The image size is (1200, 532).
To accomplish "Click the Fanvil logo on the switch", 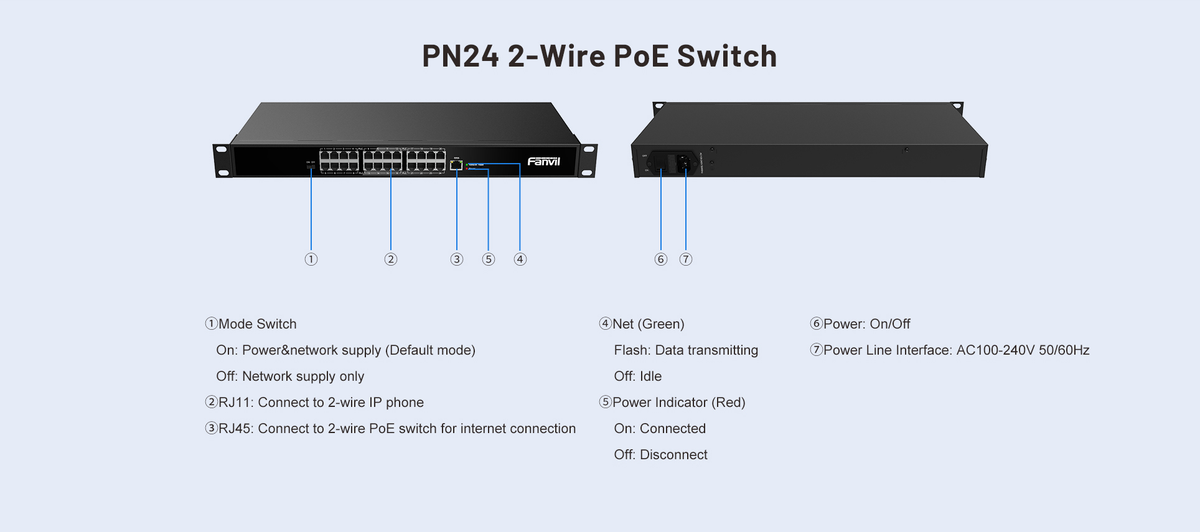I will click(543, 162).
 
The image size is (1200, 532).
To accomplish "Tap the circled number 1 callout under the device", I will click(311, 259).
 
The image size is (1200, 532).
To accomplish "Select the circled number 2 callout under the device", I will click(391, 259).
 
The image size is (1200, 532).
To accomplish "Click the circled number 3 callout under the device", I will click(457, 259).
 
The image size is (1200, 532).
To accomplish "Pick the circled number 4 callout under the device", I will click(520, 259).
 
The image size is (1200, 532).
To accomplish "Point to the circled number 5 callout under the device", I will click(489, 259).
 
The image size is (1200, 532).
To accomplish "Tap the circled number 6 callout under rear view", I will click(661, 259).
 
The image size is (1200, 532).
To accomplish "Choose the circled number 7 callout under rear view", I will click(686, 259).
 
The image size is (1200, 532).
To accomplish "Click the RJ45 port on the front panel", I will click(456, 165).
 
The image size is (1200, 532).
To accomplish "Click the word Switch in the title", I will click(727, 56).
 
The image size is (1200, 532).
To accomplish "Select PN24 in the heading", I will click(461, 56).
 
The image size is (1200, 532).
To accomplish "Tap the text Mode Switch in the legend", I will click(257, 324).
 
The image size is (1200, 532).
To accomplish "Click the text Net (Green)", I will click(648, 324).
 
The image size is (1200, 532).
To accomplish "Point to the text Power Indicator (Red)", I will click(678, 403).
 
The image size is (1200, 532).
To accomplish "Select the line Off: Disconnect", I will click(660, 455).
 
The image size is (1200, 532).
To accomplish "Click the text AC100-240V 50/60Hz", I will click(1023, 350).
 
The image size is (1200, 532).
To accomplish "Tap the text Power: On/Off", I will click(866, 324).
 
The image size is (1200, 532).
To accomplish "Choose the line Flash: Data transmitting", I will click(686, 350).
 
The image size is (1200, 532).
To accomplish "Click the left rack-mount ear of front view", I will click(222, 161).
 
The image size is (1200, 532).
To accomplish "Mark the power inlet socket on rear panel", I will click(684, 163).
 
